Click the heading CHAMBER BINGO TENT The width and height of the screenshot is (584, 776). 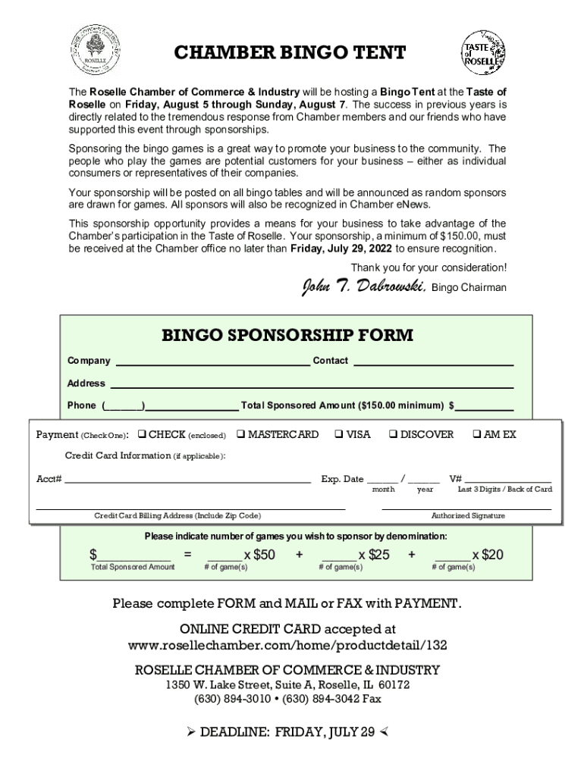(x=290, y=53)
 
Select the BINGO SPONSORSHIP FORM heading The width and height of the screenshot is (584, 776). (x=287, y=335)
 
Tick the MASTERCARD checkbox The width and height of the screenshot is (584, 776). (x=240, y=435)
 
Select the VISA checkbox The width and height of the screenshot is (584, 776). (x=338, y=435)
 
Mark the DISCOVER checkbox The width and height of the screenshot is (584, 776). (x=393, y=435)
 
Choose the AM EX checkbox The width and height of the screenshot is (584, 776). (x=476, y=435)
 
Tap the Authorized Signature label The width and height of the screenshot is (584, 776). (x=468, y=516)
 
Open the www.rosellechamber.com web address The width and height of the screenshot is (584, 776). (x=287, y=646)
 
